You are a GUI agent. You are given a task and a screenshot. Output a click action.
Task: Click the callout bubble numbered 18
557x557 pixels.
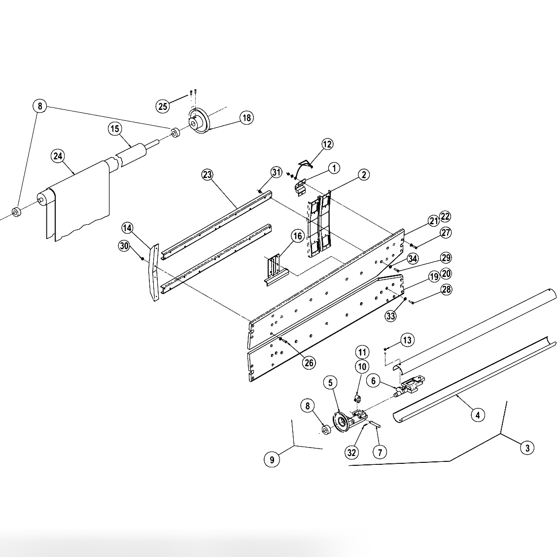click(246, 117)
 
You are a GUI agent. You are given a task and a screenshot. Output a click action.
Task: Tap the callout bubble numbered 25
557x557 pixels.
click(163, 105)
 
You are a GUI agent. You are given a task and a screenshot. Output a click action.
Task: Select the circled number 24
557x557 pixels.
click(58, 156)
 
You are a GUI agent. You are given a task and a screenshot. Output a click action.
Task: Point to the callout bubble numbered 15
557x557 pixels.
click(115, 129)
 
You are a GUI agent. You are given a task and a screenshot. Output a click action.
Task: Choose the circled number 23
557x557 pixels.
click(208, 174)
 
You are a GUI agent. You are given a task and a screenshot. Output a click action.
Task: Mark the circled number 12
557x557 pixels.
click(327, 144)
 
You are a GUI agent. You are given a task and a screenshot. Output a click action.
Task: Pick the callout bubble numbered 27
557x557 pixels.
click(446, 233)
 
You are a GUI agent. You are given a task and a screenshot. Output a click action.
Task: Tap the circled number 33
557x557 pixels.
click(390, 316)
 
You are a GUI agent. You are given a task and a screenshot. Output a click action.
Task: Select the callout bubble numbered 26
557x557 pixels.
click(309, 363)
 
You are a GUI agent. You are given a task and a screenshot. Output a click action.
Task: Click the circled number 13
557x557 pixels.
click(407, 340)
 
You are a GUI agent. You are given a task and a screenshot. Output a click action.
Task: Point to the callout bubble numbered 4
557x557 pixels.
click(477, 415)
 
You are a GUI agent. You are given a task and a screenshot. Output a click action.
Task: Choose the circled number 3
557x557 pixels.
click(527, 448)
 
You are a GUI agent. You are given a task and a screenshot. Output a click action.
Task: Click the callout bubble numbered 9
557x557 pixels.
click(272, 459)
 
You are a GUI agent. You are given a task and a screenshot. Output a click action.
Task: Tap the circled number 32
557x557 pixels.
click(351, 453)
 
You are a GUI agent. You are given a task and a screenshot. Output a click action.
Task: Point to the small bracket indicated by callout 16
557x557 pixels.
click(273, 270)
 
